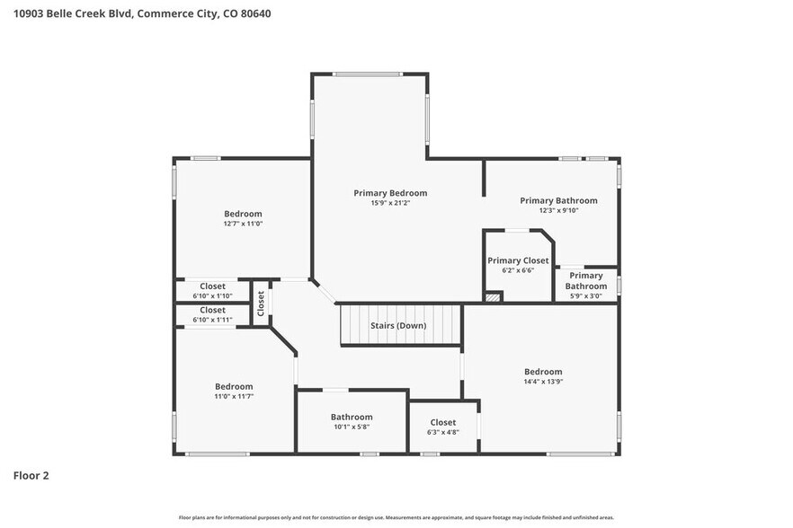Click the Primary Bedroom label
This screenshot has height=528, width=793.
coord(390,193)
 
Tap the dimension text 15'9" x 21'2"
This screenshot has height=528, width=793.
coord(390,204)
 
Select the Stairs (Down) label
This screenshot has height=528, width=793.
coord(398,325)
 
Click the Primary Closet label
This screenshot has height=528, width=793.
coord(518,260)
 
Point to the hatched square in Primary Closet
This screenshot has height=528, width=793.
coord(492,295)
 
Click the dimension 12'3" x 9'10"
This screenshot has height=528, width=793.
coord(558,211)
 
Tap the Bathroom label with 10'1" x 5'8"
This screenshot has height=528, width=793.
coord(352,417)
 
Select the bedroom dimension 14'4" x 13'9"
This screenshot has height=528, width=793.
coord(543,382)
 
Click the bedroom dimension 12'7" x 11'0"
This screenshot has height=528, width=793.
coord(243,224)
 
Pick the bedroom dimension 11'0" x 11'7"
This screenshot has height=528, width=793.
coord(233,396)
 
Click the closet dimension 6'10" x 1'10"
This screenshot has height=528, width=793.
coord(212,296)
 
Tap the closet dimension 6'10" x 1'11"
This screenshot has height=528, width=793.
coord(212,320)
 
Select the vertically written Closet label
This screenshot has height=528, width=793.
coord(261,304)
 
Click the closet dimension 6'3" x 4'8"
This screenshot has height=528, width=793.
coord(442,432)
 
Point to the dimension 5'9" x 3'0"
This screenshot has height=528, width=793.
coord(585,296)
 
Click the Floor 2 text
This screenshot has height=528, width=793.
coord(31,475)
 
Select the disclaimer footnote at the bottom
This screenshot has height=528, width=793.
coord(396,517)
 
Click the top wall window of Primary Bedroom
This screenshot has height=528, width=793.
coord(370,75)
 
